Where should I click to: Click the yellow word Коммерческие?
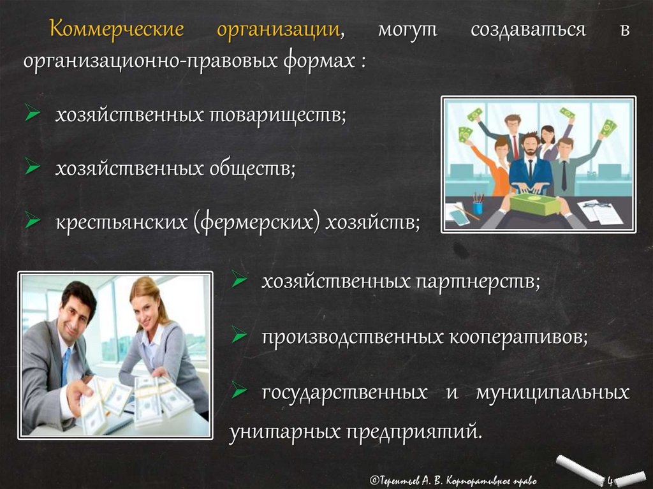pyautogui.click(x=117, y=29)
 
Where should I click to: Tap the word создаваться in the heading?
pyautogui.click(x=528, y=30)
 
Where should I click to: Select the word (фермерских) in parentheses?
pyautogui.click(x=256, y=223)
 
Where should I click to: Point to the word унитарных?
pyautogui.click(x=284, y=432)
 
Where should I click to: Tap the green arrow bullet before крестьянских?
pyautogui.click(x=33, y=221)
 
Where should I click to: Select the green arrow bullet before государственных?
pyautogui.click(x=239, y=390)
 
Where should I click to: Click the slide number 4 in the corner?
pyautogui.click(x=610, y=481)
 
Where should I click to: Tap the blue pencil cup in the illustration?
pyautogui.click(x=478, y=207)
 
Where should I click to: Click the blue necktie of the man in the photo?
pyautogui.click(x=66, y=367)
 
